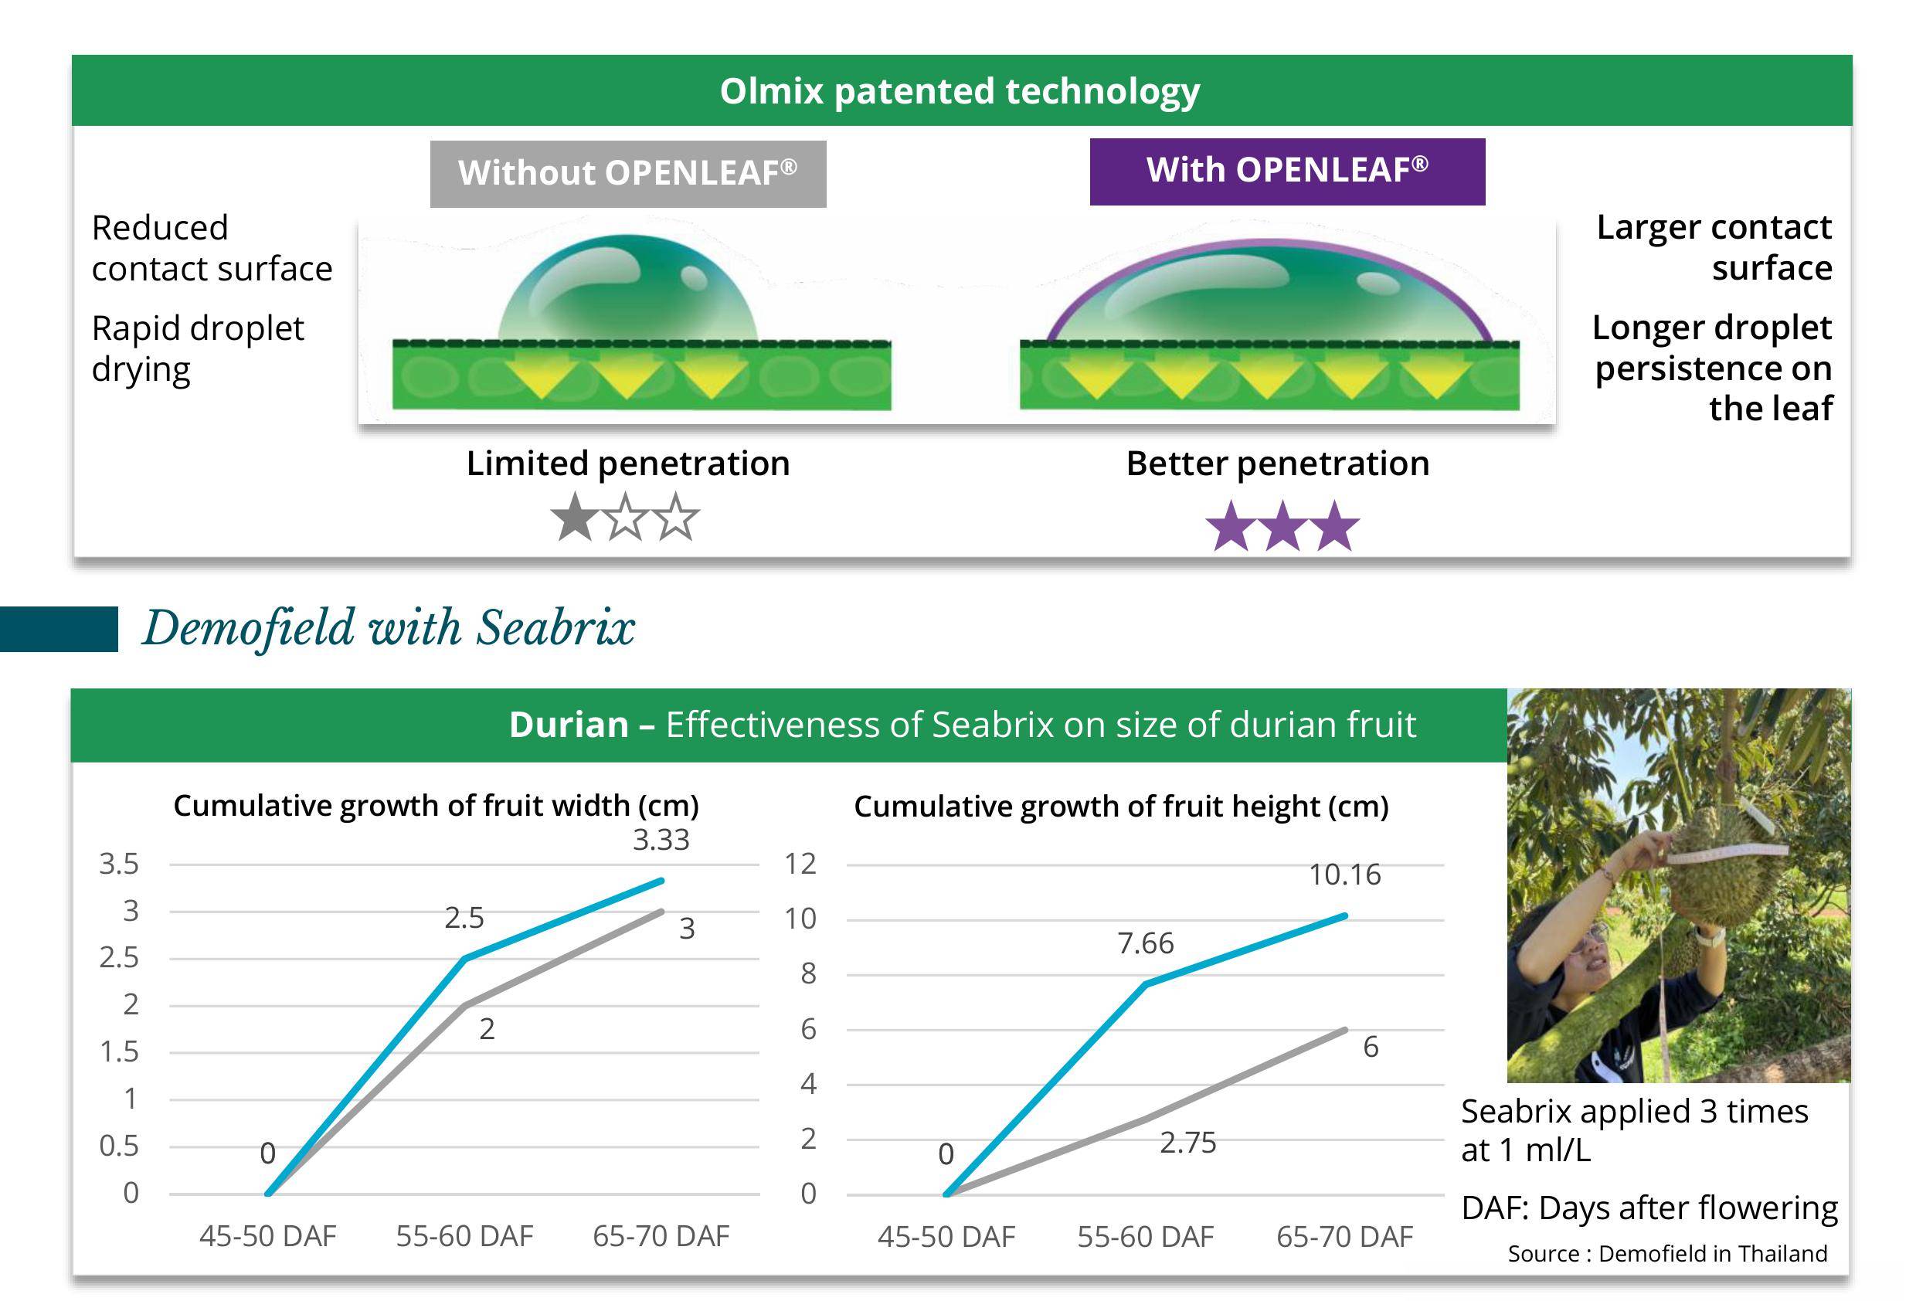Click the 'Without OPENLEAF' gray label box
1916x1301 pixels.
(x=627, y=173)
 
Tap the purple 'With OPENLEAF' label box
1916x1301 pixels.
(x=1287, y=172)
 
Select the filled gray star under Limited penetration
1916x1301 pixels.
(x=575, y=518)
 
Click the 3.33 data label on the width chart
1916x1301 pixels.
(x=661, y=839)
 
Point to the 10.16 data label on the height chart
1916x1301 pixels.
(x=1344, y=874)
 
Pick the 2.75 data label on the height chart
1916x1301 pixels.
(x=1188, y=1142)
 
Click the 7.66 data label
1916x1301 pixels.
(x=1145, y=943)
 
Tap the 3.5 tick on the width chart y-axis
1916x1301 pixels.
(x=119, y=863)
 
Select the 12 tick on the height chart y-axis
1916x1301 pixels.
(x=800, y=863)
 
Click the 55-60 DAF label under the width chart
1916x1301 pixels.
(x=464, y=1235)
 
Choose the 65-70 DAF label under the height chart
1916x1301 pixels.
(x=1344, y=1236)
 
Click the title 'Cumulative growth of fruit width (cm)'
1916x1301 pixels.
(x=437, y=806)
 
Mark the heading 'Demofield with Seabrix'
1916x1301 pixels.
(x=389, y=627)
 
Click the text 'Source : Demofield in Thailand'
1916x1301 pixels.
(x=1667, y=1253)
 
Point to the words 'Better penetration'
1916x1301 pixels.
(x=1278, y=464)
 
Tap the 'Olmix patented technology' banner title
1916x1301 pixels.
(x=960, y=90)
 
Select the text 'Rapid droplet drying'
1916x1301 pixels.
(x=198, y=348)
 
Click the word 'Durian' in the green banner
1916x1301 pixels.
(x=569, y=724)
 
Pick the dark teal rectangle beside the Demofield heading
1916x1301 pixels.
(x=59, y=629)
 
